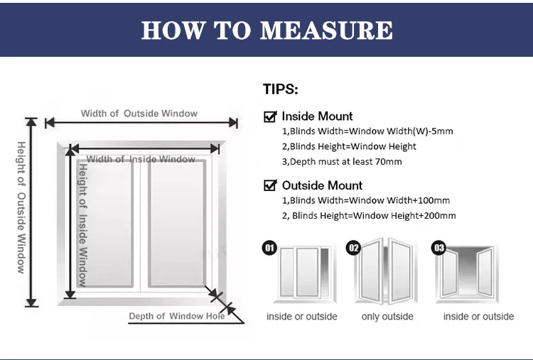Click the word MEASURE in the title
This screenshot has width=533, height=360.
point(326,30)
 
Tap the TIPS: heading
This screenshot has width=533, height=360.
point(281,89)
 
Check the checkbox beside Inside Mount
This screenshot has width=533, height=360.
point(270,116)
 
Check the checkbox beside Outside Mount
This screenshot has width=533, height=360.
point(270,185)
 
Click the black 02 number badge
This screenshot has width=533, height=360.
point(353,248)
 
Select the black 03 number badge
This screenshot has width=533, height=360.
point(439,248)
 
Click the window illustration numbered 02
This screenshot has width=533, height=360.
point(388,273)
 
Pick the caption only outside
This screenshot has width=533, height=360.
point(387,317)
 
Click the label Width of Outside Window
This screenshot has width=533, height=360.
point(139,114)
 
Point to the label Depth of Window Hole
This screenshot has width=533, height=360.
point(176,316)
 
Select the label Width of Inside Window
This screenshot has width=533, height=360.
point(141,159)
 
